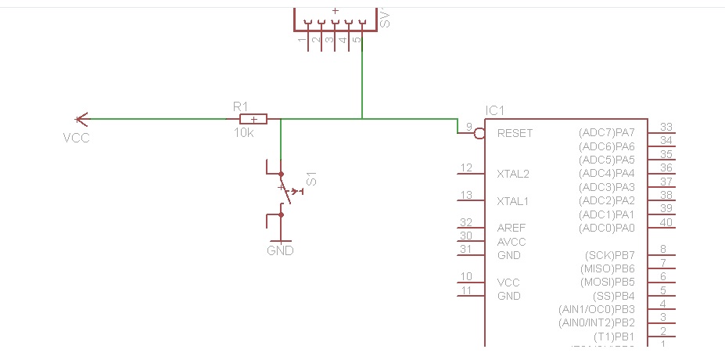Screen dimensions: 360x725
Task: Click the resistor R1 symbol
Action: point(253,119)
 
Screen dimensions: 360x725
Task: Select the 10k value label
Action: point(243,133)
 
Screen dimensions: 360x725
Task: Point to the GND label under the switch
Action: point(280,251)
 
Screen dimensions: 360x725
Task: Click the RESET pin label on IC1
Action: point(515,133)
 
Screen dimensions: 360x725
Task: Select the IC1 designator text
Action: point(496,110)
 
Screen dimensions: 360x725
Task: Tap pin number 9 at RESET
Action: point(468,127)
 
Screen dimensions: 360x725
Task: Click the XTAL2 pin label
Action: point(513,174)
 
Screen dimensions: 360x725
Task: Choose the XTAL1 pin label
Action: point(513,201)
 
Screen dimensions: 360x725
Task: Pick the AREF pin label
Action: point(511,228)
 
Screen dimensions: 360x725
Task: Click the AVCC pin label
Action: point(511,242)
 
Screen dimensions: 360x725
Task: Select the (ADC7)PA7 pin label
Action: point(607,132)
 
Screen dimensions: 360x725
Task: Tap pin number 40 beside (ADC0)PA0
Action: point(666,222)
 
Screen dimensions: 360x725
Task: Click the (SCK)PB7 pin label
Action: point(610,255)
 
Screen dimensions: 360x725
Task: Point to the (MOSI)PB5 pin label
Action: point(608,282)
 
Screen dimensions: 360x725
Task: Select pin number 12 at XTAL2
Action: point(467,168)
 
